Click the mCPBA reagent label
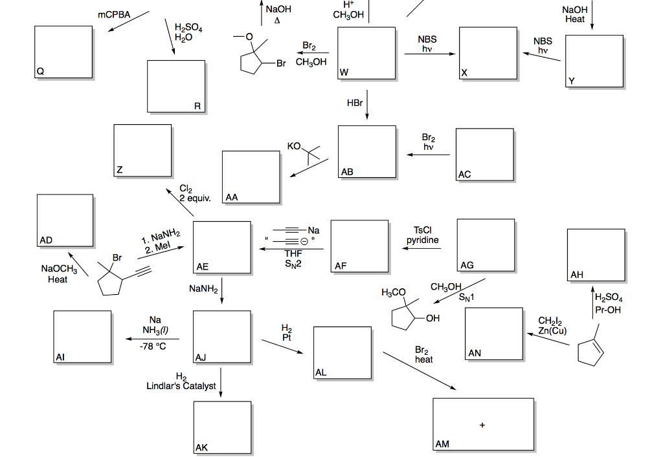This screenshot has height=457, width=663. (x=114, y=14)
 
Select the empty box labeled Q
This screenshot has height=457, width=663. (x=63, y=52)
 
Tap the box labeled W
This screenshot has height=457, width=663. (x=367, y=53)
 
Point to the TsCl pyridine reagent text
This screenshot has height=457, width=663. (x=423, y=235)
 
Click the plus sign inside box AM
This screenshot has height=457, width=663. (x=482, y=425)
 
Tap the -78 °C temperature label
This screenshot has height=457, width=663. (x=153, y=346)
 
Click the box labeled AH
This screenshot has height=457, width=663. (x=596, y=255)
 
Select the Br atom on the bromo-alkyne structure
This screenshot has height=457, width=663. (x=117, y=257)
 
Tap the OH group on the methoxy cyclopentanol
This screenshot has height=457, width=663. (x=433, y=318)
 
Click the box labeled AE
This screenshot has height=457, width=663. (x=222, y=247)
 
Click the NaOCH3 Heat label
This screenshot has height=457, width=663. (x=59, y=274)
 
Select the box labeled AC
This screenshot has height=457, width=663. (x=484, y=154)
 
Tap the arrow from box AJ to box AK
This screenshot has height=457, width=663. (x=221, y=382)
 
